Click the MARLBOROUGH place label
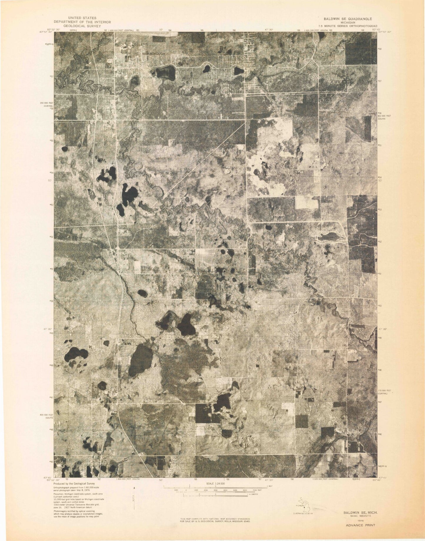tap(154, 54)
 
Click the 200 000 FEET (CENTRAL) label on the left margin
tap(48, 105)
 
